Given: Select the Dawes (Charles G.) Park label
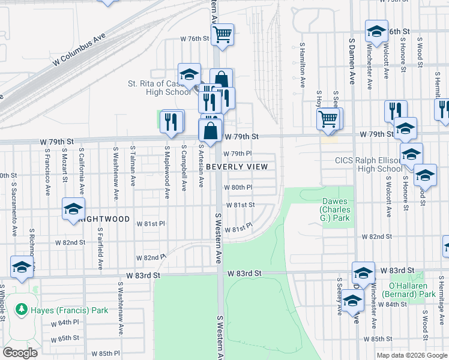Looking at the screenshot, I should pos(335,210).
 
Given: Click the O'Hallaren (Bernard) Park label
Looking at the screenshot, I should pos(412,290).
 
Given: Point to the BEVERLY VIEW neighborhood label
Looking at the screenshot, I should pos(236,166).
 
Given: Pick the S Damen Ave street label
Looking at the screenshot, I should pos(351,64).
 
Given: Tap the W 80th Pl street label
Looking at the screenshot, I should pos(239,187).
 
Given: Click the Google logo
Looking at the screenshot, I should pos(20,353).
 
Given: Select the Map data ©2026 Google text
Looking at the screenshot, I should pos(412,355).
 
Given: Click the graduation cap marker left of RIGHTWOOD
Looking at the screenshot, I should pos(73,209).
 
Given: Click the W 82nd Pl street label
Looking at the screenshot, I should pos(150,257).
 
